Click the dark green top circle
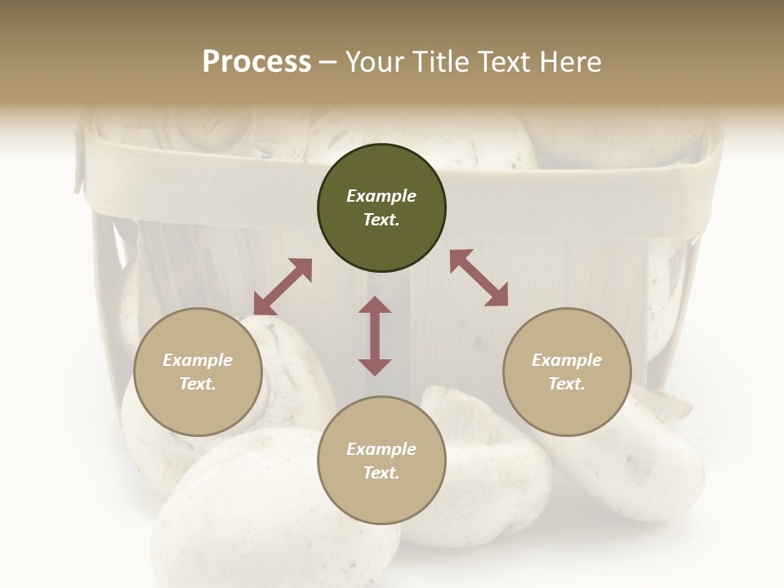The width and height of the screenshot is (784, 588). [381, 208]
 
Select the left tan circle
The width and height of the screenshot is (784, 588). [198, 372]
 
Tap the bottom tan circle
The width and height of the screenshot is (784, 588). [381, 461]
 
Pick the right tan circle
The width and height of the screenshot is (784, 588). [567, 372]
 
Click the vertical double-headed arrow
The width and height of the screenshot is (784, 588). [375, 336]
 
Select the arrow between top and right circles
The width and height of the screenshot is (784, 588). [479, 278]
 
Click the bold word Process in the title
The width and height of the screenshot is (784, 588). [256, 62]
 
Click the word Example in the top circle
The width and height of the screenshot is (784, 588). [381, 196]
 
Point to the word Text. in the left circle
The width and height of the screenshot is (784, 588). [198, 384]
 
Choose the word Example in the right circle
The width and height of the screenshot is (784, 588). [567, 360]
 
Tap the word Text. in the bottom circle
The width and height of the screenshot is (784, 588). [381, 473]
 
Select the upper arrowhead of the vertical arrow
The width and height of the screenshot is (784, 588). [375, 306]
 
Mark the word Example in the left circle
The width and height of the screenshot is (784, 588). [198, 360]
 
